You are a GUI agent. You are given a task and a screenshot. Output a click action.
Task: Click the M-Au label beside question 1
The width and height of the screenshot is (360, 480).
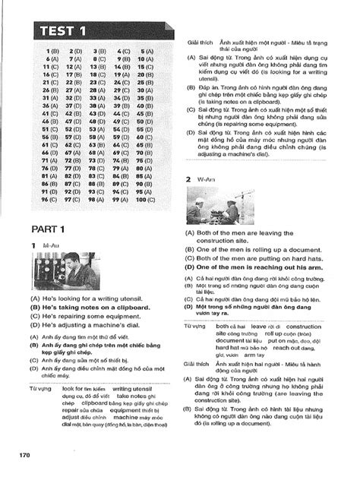[x=50, y=248]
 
